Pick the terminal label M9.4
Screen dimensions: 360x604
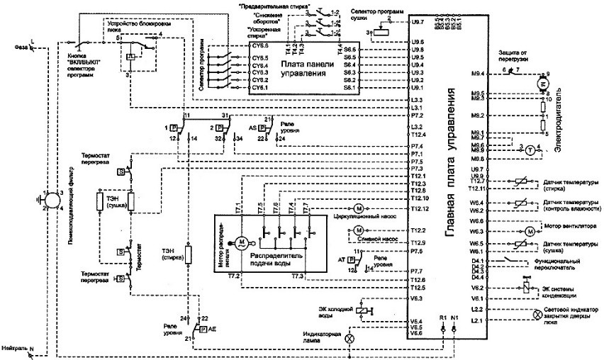(477, 73)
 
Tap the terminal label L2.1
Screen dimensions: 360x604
(476, 322)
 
